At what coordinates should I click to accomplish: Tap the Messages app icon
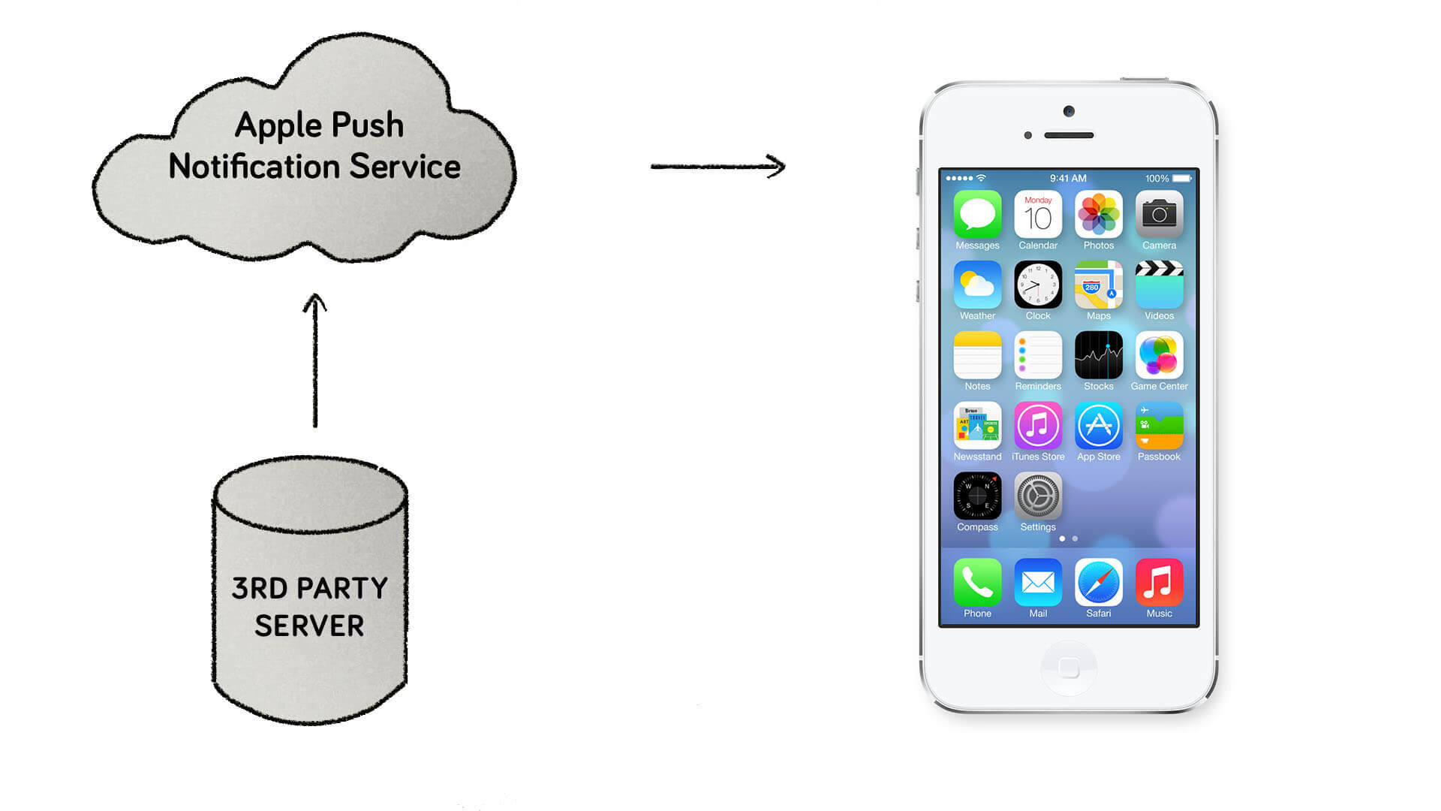pyautogui.click(x=977, y=215)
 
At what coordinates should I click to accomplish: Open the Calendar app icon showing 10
pyautogui.click(x=1038, y=215)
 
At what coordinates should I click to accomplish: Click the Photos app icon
pyautogui.click(x=1098, y=215)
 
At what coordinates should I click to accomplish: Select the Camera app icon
pyautogui.click(x=1159, y=215)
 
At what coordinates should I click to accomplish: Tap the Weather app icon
pyautogui.click(x=977, y=285)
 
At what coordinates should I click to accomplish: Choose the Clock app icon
pyautogui.click(x=1038, y=285)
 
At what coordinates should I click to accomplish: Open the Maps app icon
pyautogui.click(x=1098, y=285)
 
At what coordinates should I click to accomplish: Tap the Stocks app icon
pyautogui.click(x=1098, y=355)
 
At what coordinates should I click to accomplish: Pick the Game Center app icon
pyautogui.click(x=1159, y=355)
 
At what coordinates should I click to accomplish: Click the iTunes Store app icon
pyautogui.click(x=1038, y=426)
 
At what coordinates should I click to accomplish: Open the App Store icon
pyautogui.click(x=1098, y=426)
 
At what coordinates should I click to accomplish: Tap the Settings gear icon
pyautogui.click(x=1038, y=496)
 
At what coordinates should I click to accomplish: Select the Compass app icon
pyautogui.click(x=977, y=496)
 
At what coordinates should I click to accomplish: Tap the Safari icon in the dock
pyautogui.click(x=1098, y=582)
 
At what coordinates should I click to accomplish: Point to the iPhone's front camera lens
pyautogui.click(x=1069, y=112)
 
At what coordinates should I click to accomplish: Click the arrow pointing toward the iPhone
pyautogui.click(x=717, y=166)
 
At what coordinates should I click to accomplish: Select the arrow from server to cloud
pyautogui.click(x=314, y=360)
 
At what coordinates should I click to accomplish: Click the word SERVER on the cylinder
pyautogui.click(x=309, y=626)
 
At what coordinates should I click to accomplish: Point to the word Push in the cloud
pyautogui.click(x=367, y=125)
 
